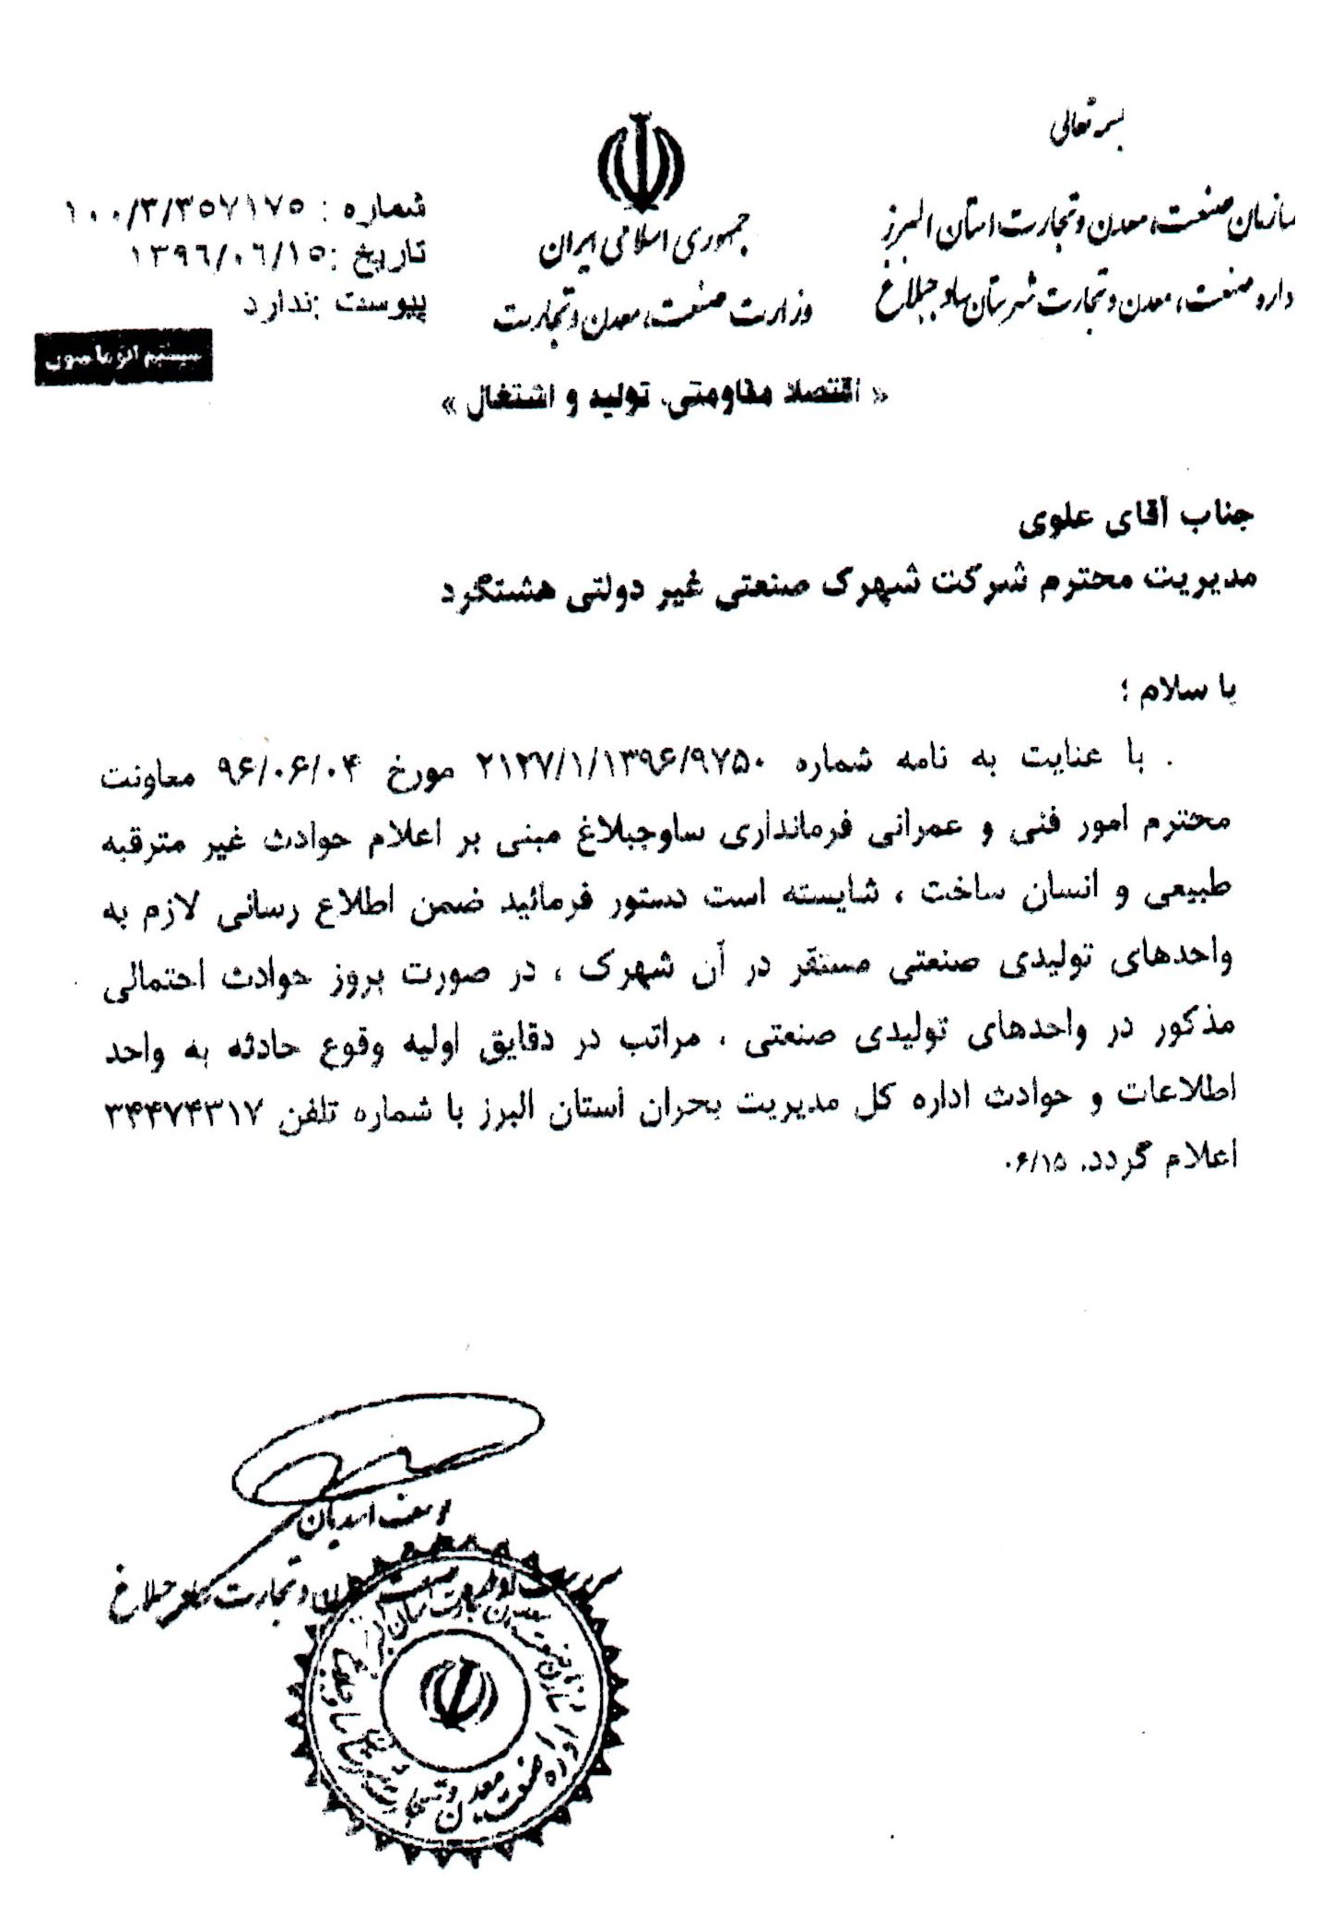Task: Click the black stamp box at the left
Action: click(x=124, y=357)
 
